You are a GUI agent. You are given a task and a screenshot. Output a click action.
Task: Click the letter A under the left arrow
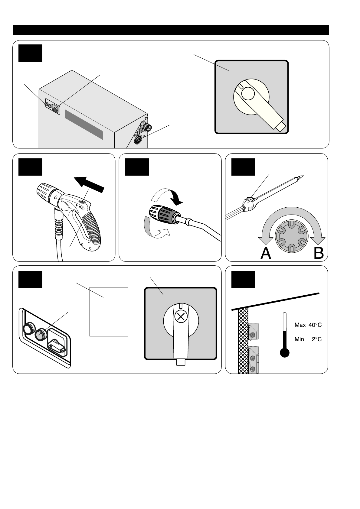266,253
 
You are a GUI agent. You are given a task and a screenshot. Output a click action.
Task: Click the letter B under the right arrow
319,253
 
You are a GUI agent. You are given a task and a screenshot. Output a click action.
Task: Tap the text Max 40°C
308,325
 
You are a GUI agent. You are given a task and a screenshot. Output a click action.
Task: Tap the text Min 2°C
308,339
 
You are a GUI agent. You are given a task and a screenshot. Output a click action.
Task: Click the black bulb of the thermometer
284,353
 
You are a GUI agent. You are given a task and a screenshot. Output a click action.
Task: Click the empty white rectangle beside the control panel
109,311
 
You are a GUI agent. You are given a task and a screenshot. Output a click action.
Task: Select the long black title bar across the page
171,30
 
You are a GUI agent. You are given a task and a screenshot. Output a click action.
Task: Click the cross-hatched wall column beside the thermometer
243,340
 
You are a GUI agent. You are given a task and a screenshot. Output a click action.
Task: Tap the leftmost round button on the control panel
28,329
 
